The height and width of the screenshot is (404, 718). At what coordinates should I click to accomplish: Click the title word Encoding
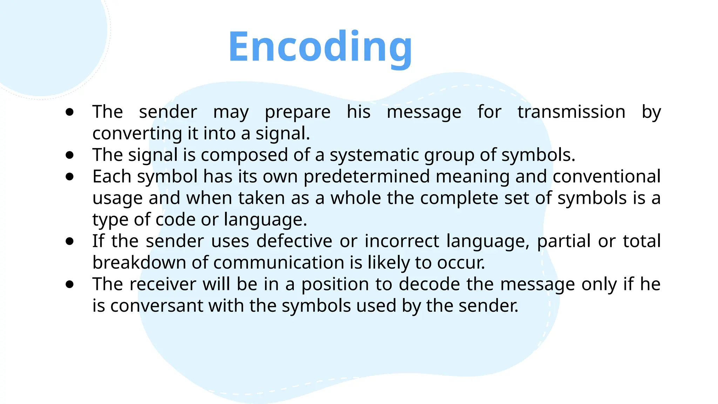pyautogui.click(x=320, y=47)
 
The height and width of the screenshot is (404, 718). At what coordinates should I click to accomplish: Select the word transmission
pyautogui.click(x=571, y=112)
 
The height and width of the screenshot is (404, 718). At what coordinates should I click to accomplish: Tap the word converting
pyautogui.click(x=137, y=134)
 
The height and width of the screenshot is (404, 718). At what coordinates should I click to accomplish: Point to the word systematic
pyautogui.click(x=374, y=155)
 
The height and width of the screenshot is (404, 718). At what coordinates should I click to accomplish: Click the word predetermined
pyautogui.click(x=366, y=176)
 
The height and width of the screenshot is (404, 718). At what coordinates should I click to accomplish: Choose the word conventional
pyautogui.click(x=607, y=176)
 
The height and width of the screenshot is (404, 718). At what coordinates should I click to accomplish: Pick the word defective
pyautogui.click(x=294, y=241)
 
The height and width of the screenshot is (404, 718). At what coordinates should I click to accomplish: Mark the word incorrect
pyautogui.click(x=402, y=241)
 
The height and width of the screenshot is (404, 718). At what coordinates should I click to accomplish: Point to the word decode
pyautogui.click(x=429, y=284)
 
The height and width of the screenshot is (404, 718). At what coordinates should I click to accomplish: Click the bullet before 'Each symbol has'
pyautogui.click(x=70, y=176)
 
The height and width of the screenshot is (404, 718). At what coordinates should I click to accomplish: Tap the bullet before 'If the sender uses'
pyautogui.click(x=70, y=241)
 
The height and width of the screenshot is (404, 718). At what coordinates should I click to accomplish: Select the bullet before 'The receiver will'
pyautogui.click(x=70, y=284)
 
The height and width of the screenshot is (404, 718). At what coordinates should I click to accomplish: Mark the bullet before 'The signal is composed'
pyautogui.click(x=70, y=155)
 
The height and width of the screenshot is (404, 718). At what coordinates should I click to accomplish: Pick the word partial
pyautogui.click(x=564, y=241)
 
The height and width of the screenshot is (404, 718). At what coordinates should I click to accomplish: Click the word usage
pyautogui.click(x=117, y=198)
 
